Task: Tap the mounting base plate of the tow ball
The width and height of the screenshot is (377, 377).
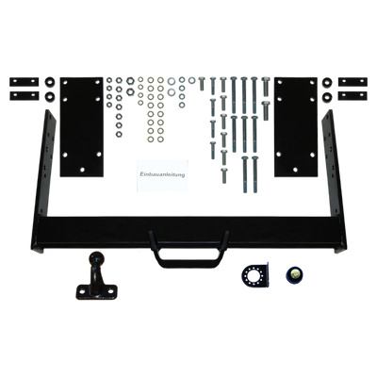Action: point(96,292)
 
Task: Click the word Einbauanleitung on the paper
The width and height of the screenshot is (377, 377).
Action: point(162,174)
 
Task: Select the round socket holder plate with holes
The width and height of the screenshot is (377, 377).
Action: point(254,274)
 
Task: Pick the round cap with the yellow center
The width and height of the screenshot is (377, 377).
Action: point(294,274)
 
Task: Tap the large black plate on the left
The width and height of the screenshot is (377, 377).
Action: point(82,127)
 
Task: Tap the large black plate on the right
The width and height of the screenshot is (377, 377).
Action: point(296,127)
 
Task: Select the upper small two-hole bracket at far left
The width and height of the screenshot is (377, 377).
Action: point(25,82)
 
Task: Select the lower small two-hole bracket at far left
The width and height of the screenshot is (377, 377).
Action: point(25,95)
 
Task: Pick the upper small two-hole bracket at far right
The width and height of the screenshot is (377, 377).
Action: point(352,82)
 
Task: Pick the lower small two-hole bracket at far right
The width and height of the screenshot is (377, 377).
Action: point(352,95)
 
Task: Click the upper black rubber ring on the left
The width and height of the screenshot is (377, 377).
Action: point(49,82)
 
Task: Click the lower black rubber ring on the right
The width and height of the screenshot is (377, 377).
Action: point(327,95)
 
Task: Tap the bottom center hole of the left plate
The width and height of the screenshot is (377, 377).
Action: point(82,170)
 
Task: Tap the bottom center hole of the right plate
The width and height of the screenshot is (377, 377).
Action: point(295,170)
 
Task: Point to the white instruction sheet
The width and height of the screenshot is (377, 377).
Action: point(162,175)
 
